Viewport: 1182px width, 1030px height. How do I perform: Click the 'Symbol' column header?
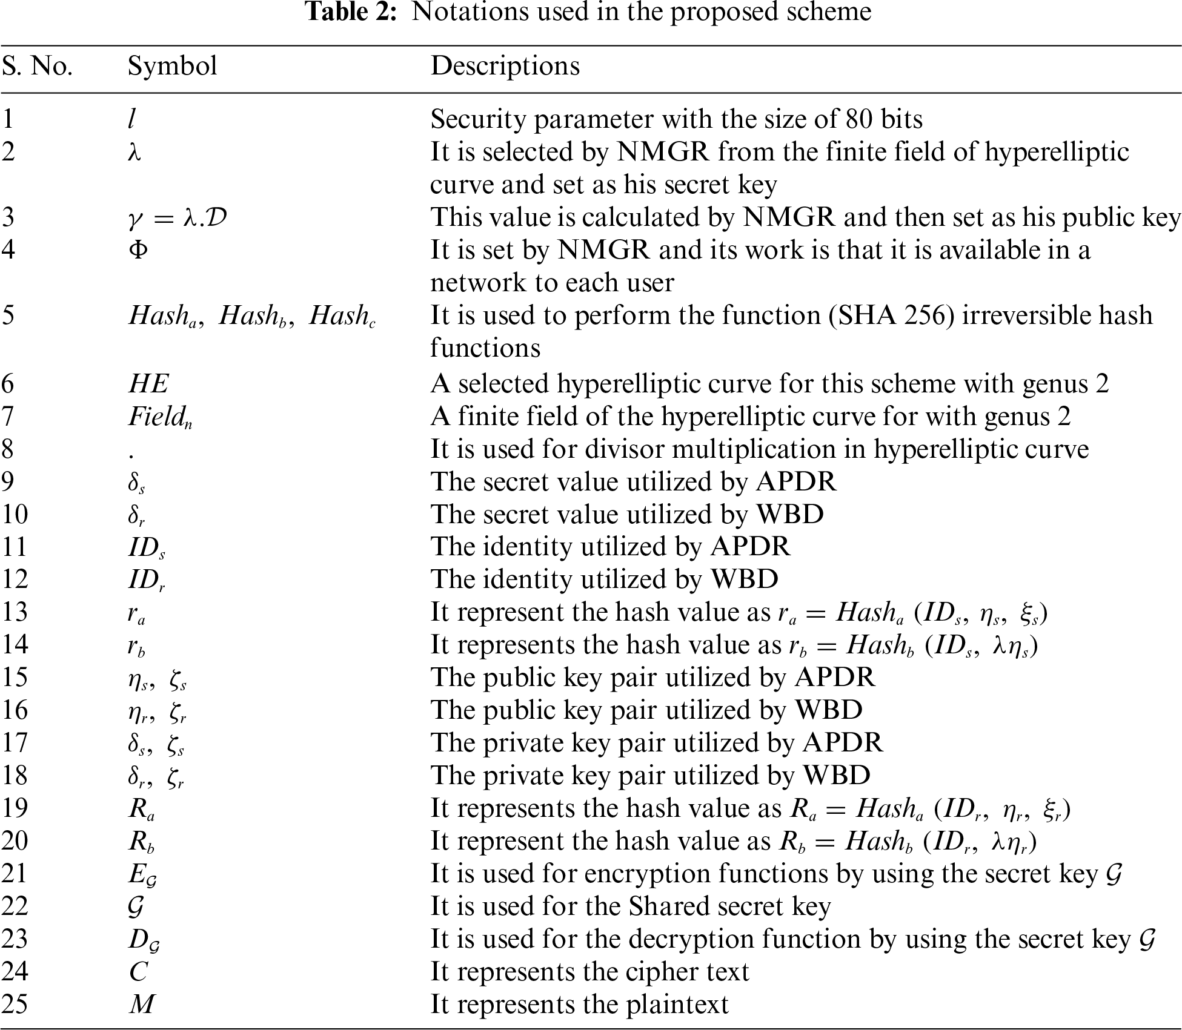tap(172, 66)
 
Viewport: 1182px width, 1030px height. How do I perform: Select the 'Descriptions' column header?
tap(505, 66)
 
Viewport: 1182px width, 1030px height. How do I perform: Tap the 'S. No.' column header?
tap(37, 66)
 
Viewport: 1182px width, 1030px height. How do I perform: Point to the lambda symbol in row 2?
tap(134, 151)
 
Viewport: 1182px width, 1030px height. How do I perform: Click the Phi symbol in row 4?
tap(138, 249)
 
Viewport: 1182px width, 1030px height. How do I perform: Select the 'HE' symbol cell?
tap(148, 384)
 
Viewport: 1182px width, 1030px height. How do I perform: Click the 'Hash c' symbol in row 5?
tap(342, 316)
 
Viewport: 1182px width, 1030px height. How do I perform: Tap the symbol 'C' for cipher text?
tap(138, 972)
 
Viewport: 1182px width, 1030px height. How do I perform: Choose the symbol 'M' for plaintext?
tap(142, 1005)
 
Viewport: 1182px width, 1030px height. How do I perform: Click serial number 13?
tap(15, 612)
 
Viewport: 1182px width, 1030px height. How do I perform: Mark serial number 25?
tap(15, 1005)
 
